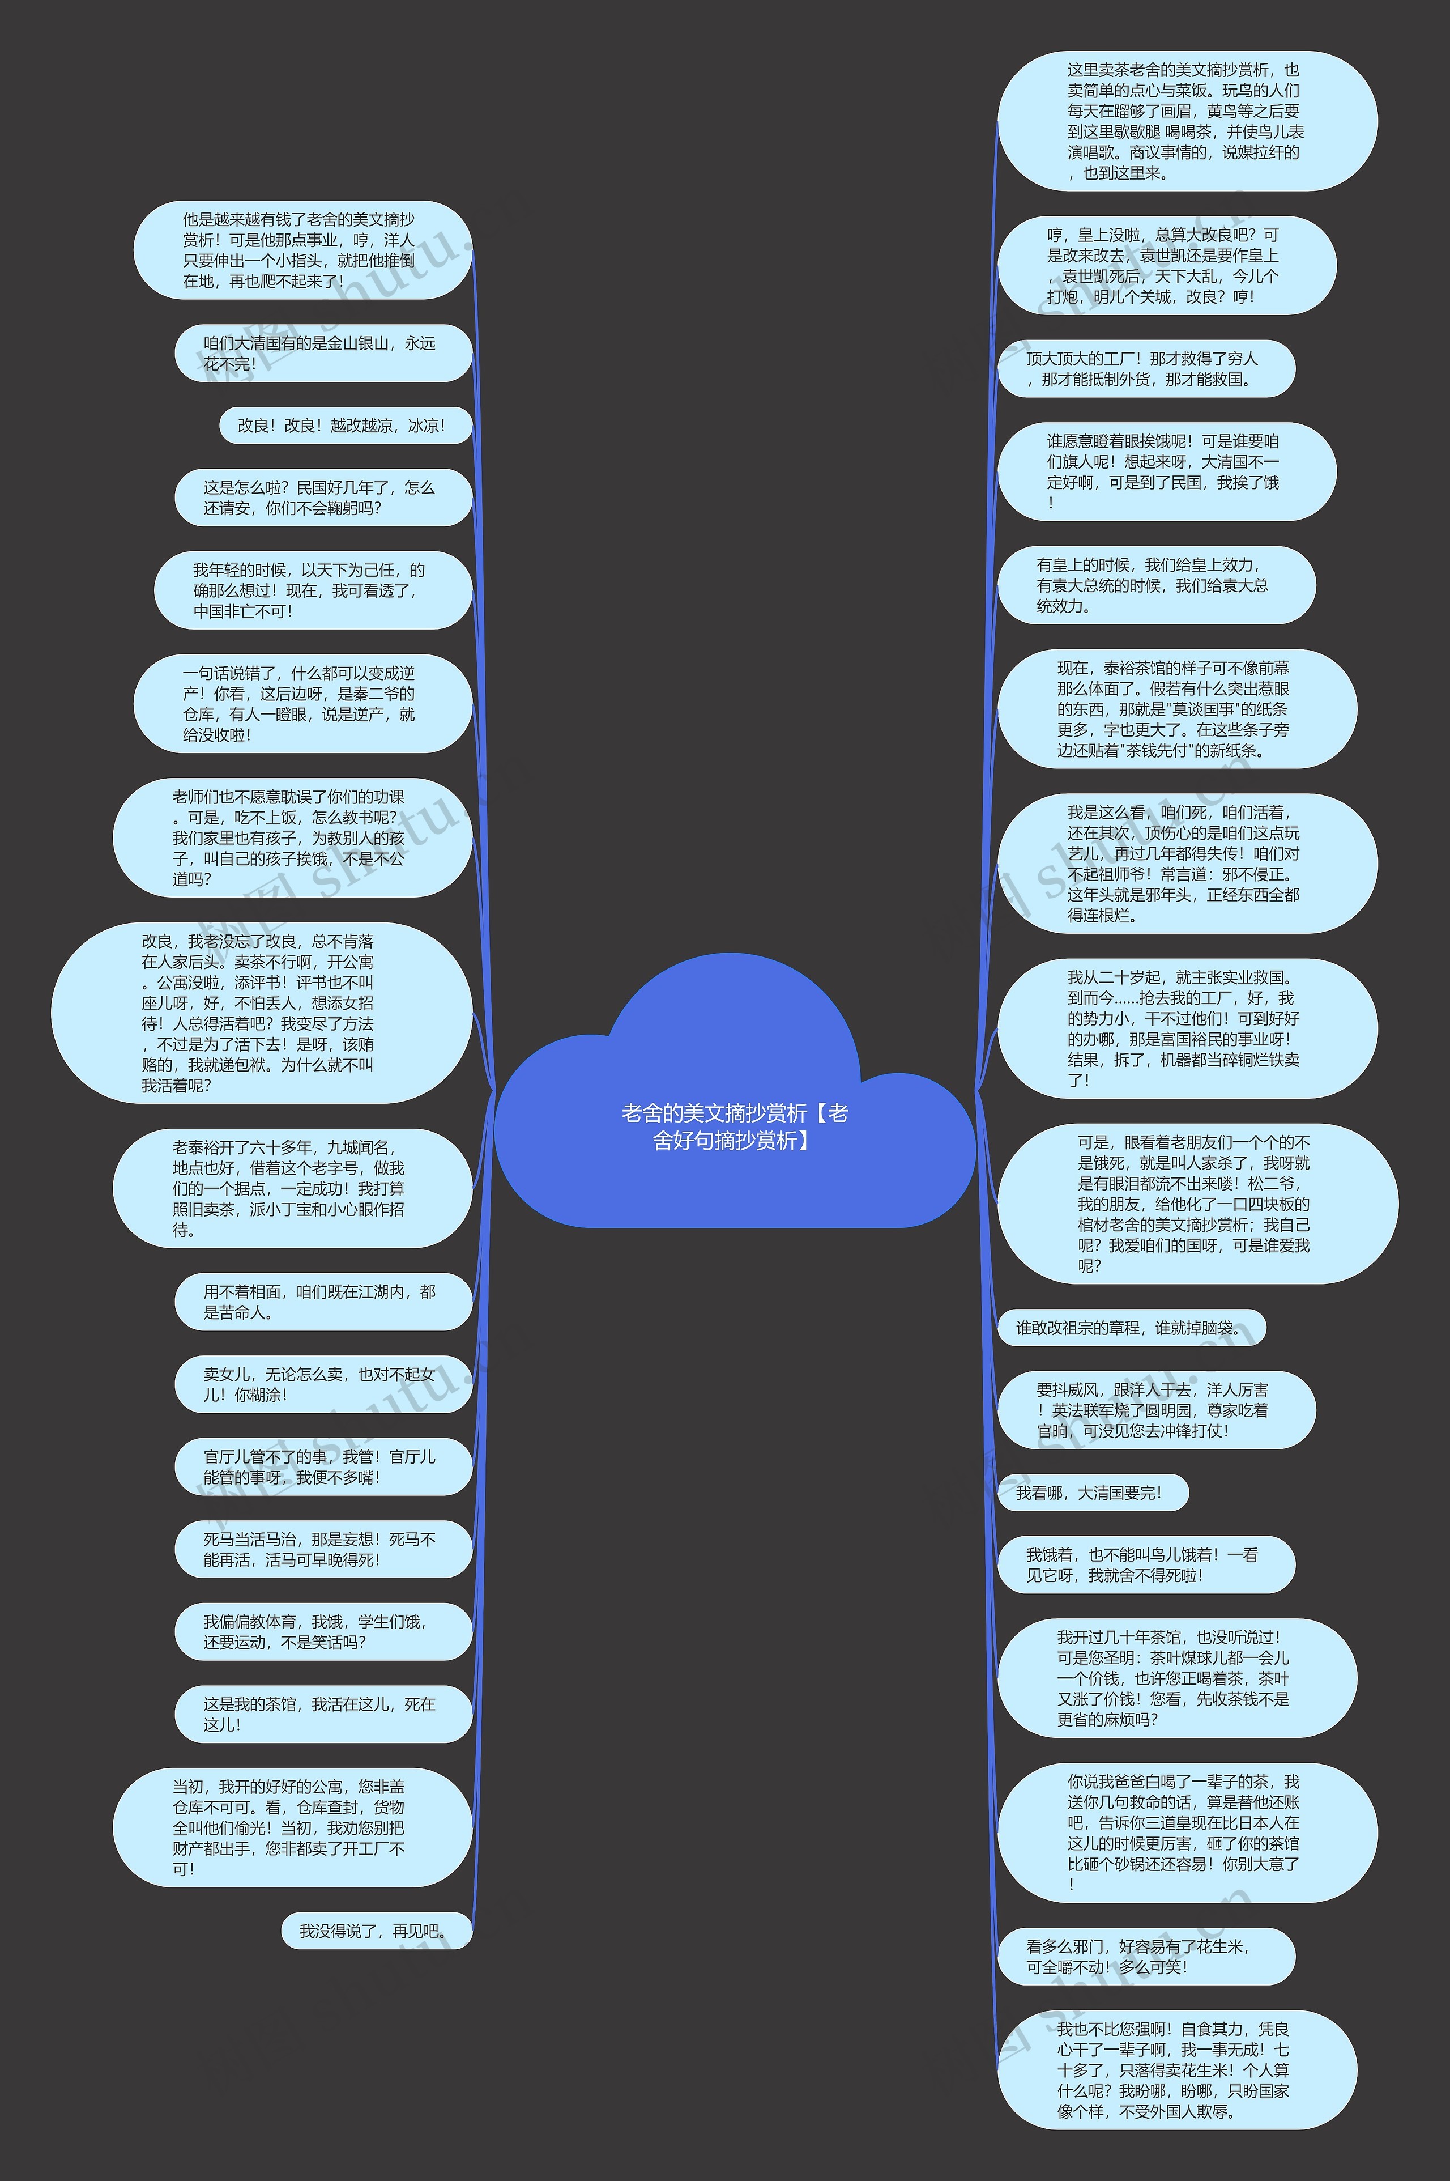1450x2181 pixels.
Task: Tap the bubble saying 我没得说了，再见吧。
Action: tap(376, 1931)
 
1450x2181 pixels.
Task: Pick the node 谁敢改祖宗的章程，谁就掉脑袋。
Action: tap(1130, 1327)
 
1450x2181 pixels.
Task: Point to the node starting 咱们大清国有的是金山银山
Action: tap(323, 354)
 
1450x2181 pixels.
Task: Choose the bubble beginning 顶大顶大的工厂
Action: tap(1145, 368)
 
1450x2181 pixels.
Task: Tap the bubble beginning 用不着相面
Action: tap(323, 1302)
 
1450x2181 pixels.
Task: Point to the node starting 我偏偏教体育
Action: tap(323, 1631)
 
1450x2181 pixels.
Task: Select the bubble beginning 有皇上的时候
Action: tap(1155, 585)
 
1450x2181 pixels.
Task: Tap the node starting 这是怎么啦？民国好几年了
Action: tap(323, 497)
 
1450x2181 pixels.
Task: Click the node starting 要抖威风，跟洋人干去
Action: tap(1155, 1410)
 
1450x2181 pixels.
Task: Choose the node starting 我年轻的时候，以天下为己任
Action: tap(313, 590)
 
